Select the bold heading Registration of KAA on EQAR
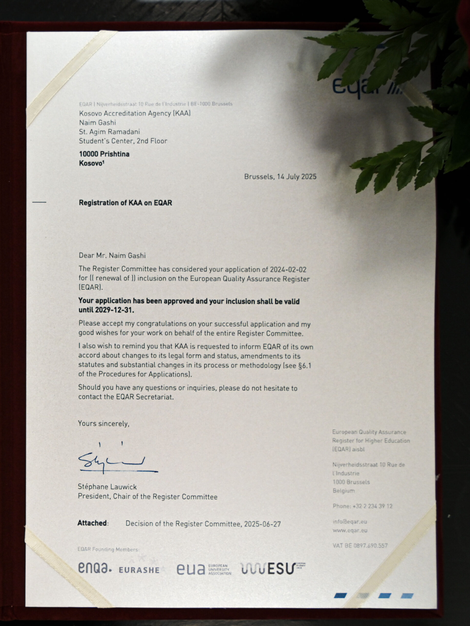pos(125,203)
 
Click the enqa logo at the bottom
pos(95,568)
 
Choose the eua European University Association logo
pos(204,569)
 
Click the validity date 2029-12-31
pos(115,310)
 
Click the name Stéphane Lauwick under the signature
pos(107,487)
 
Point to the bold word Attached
pos(92,523)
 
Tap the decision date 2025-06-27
pos(262,524)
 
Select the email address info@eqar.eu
pos(350,522)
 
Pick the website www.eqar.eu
pos(350,530)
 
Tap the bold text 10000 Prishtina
pos(104,154)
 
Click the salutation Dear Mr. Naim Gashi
pos(112,256)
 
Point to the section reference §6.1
pos(304,365)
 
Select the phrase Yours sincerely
pos(104,424)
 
